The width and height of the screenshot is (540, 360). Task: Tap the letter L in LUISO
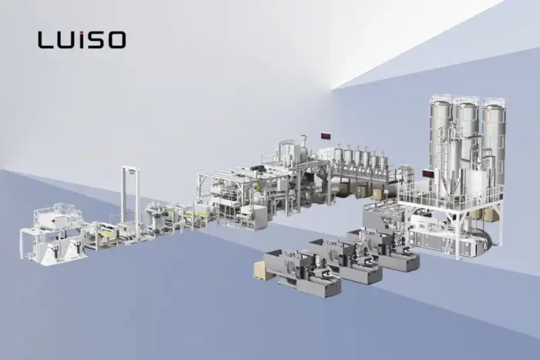tap(45, 39)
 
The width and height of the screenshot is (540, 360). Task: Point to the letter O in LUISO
tap(116, 39)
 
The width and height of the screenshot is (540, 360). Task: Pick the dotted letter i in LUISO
tap(83, 39)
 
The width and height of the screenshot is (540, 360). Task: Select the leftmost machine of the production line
tap(50, 231)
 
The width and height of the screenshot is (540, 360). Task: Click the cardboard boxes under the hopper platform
tap(378, 193)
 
